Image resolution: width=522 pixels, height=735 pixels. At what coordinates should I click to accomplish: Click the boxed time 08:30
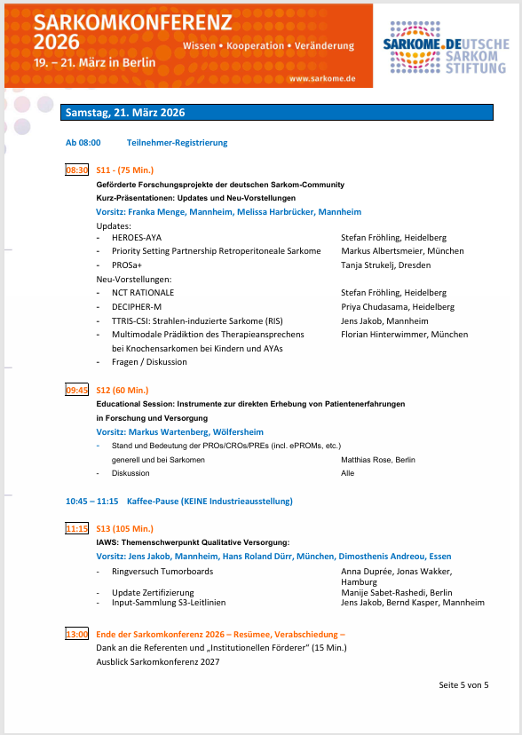[77, 170]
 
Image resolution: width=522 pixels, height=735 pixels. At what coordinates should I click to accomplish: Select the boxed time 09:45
[77, 390]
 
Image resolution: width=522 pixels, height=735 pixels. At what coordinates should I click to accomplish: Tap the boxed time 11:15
[77, 528]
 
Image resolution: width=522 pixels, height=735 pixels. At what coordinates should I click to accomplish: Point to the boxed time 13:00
[77, 634]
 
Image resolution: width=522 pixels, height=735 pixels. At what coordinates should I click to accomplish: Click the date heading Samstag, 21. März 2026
[124, 112]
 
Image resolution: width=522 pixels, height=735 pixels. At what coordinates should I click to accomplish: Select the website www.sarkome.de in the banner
[322, 78]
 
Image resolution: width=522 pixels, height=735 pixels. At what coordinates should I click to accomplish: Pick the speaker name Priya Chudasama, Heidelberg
[398, 306]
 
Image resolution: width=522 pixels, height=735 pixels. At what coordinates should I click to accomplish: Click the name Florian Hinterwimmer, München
[404, 335]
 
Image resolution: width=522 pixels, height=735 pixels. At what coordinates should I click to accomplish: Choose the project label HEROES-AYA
[137, 238]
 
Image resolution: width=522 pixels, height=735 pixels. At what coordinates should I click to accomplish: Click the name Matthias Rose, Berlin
[377, 460]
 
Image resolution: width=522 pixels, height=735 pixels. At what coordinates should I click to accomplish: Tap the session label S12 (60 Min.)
[123, 390]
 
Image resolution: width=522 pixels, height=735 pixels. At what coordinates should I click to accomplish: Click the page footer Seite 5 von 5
[463, 684]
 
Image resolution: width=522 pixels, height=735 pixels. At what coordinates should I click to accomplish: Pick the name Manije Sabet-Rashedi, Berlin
[396, 592]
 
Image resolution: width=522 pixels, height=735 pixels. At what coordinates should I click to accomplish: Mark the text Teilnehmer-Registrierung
[177, 142]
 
